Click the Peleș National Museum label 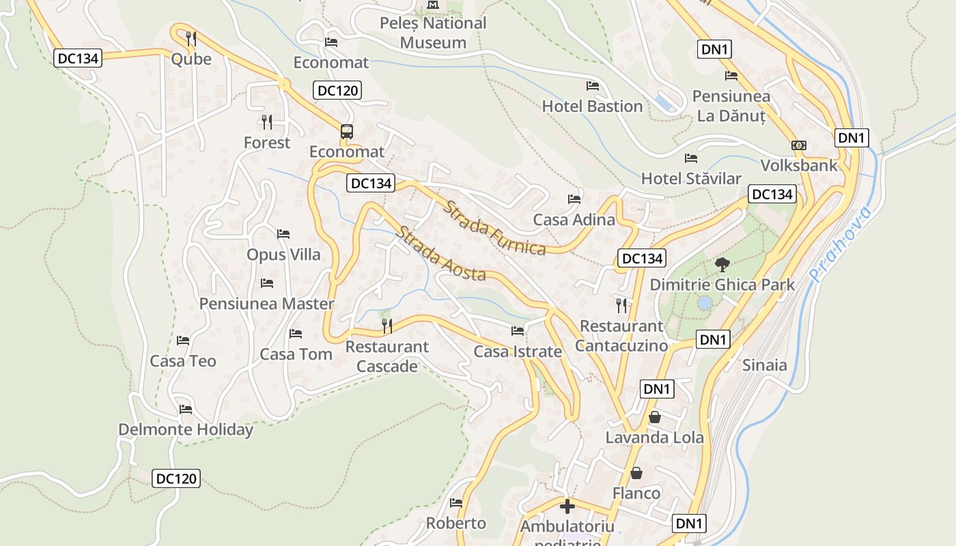coord(433,33)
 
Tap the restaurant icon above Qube coord(191,38)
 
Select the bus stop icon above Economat coord(347,132)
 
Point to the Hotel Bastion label coord(592,106)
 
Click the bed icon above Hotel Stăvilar coord(691,158)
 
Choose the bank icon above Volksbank coord(799,145)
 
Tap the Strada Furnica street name coord(494,228)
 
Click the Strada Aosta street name coord(440,254)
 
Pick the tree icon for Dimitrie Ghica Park coord(721,265)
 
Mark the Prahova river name coord(841,244)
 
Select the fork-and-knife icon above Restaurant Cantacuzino coord(621,305)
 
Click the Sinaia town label coord(764,365)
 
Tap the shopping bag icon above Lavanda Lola coord(654,417)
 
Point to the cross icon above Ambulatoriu coord(567,506)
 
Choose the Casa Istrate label coord(518,352)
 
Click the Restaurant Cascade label coord(387,356)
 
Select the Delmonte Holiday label coord(186,430)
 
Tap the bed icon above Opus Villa coord(283,234)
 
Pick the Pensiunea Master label coord(266,304)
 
